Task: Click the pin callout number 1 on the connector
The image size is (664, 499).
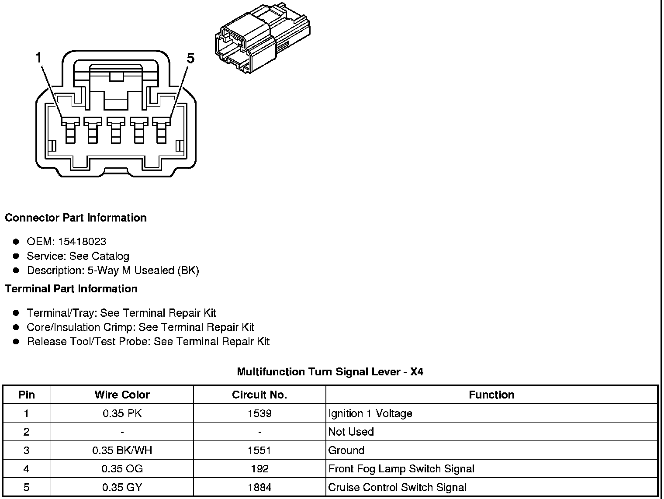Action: (39, 58)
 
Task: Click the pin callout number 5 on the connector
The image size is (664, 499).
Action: (190, 58)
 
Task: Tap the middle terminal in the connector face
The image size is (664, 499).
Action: (116, 130)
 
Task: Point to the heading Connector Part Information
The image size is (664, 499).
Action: (76, 218)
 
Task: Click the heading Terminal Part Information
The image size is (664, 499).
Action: (71, 289)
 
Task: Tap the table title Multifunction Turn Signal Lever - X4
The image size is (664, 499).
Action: (330, 372)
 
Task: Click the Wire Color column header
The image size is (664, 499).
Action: (122, 395)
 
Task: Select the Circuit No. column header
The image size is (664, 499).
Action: (259, 395)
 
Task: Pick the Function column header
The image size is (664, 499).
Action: (491, 395)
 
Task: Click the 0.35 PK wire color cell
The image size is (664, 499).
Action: (122, 413)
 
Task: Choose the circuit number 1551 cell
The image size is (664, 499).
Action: (259, 450)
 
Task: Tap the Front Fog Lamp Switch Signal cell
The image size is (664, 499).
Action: (401, 469)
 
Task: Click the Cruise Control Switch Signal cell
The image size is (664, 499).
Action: (397, 487)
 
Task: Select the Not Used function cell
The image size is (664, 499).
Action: (351, 432)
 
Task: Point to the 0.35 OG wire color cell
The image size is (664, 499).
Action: (122, 469)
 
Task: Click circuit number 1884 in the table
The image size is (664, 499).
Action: (259, 487)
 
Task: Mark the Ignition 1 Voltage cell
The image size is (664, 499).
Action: (370, 413)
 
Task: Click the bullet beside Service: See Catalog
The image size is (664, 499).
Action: (16, 256)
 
